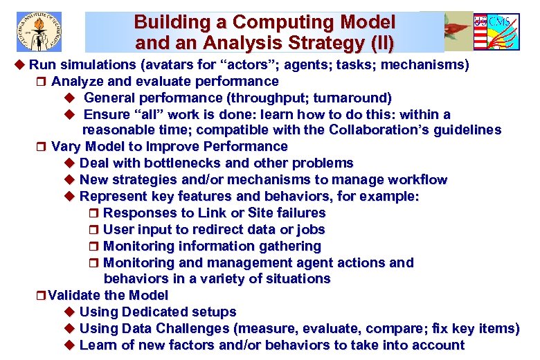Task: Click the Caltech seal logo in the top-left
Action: point(39,32)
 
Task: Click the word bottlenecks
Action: point(181,163)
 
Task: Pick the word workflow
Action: point(417,180)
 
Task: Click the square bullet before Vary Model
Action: point(42,147)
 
